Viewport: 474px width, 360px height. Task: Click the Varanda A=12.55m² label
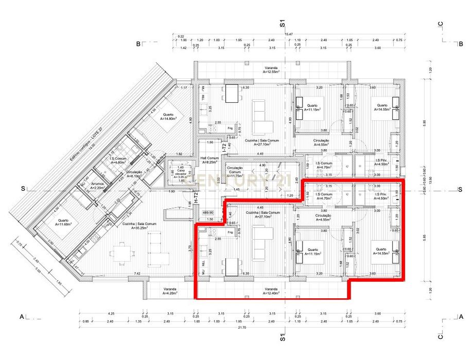click(272, 70)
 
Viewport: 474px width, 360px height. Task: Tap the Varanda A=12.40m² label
click(271, 291)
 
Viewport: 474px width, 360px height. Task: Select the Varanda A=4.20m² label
click(170, 291)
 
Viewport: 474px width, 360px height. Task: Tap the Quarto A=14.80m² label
click(168, 117)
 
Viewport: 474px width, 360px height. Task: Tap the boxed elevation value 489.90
click(208, 212)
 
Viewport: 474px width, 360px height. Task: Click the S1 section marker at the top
click(282, 22)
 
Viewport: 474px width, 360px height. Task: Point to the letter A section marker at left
click(22, 316)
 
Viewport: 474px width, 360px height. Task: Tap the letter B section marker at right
click(461, 44)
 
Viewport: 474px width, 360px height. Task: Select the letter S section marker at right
click(460, 189)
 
